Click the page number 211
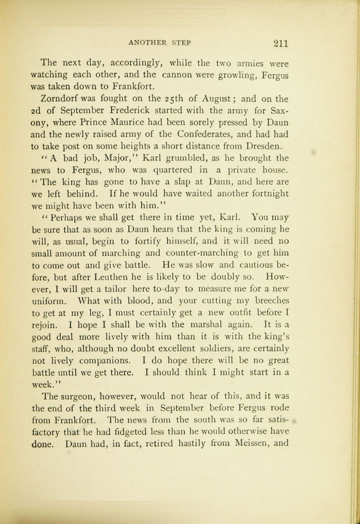pyautogui.click(x=277, y=43)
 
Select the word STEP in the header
pyautogui.click(x=181, y=42)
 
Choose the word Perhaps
pyautogui.click(x=66, y=216)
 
